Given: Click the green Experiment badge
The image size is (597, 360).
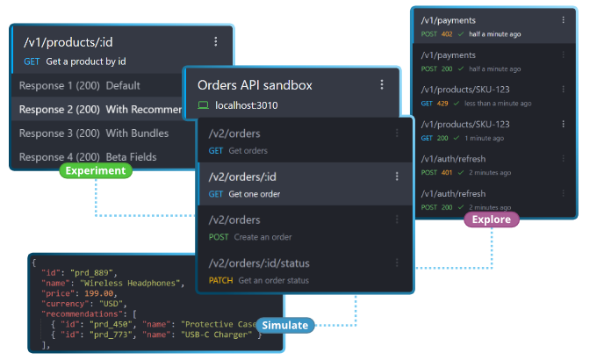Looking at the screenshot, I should tap(96, 170).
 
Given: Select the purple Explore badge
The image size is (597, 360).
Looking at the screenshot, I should tap(491, 220).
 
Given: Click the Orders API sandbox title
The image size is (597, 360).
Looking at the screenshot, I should tap(255, 85).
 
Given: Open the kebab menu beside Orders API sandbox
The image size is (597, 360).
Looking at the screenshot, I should tap(382, 85).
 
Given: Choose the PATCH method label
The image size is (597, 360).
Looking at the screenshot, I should tap(221, 280).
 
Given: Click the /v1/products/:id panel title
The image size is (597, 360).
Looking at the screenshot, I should tap(67, 41).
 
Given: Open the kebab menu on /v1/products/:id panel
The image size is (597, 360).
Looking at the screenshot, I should tap(216, 41).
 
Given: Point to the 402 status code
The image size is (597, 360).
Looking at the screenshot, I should tap(447, 34).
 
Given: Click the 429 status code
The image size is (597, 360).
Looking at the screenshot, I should tap(442, 103).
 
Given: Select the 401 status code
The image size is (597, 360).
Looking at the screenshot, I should tap(447, 173).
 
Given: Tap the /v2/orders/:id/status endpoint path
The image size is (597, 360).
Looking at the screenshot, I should tap(259, 263).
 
